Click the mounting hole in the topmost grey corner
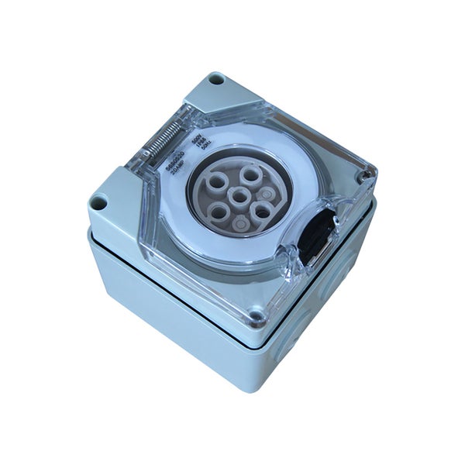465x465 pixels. (x=216, y=80)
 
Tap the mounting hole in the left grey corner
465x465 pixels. (x=98, y=203)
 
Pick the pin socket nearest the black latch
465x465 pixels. (x=263, y=209)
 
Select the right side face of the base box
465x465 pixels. (x=325, y=302)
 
